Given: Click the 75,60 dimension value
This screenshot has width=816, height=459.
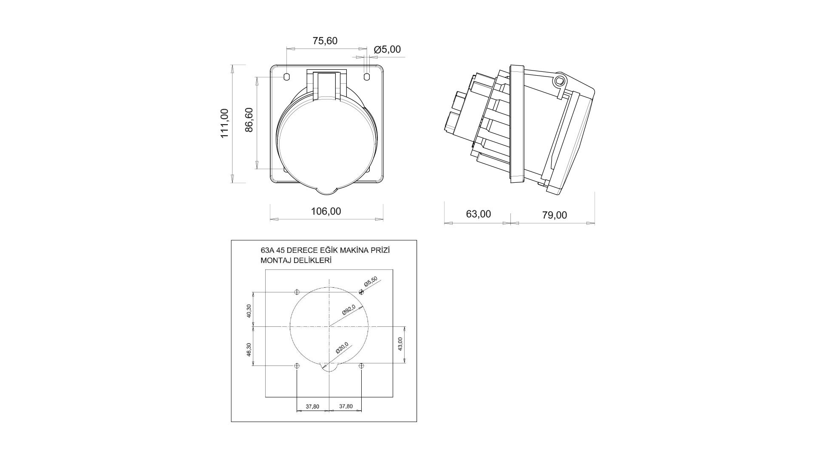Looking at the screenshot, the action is [x=325, y=41].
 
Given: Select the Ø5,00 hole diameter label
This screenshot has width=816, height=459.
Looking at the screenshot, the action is [x=387, y=50].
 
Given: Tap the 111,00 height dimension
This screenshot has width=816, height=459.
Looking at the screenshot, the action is [x=224, y=123].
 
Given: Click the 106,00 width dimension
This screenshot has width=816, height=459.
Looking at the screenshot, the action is [x=326, y=211].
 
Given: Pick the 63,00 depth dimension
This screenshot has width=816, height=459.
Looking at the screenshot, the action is [x=479, y=214].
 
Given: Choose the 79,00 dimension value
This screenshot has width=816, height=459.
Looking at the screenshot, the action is [x=555, y=215].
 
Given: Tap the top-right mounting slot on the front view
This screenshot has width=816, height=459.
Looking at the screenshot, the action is [x=368, y=76].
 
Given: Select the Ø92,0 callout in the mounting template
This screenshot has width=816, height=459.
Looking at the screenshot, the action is [x=348, y=310].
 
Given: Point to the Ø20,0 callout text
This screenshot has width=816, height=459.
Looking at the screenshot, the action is [x=342, y=348].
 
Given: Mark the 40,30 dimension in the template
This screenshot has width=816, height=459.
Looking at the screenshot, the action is [x=249, y=311].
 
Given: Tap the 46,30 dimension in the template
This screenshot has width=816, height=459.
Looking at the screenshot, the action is [x=249, y=350].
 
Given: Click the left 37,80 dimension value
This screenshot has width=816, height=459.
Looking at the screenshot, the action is [x=312, y=406].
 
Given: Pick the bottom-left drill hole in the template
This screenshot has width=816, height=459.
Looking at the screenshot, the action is [x=297, y=366].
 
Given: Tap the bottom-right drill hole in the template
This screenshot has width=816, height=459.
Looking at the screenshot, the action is [x=361, y=366].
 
